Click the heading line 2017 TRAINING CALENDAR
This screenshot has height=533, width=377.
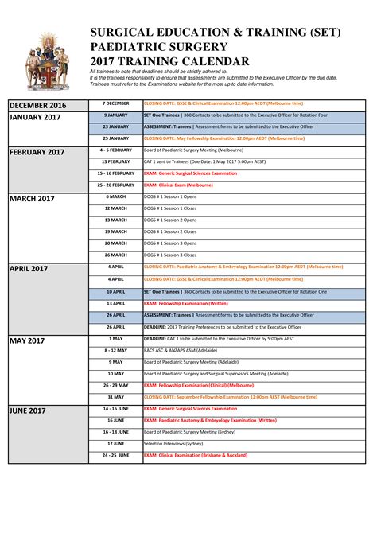[169, 61]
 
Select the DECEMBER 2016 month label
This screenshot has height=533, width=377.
[38, 106]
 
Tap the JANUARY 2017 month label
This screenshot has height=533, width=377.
[35, 118]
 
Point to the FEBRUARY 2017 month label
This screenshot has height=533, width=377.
[37, 152]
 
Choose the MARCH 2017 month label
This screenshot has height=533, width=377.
[32, 199]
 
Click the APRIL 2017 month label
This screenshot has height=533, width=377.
[29, 269]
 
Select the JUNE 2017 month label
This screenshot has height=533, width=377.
[28, 410]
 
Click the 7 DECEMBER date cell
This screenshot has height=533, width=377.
[115, 103]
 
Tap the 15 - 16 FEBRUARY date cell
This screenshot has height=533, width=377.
[115, 173]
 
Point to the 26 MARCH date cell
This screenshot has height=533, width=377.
[115, 255]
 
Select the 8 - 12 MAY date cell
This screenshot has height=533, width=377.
[115, 350]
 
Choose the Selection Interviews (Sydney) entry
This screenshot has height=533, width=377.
[173, 443]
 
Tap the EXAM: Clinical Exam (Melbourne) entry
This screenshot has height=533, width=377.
[178, 185]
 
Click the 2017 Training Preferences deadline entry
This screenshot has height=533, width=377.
[223, 326]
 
